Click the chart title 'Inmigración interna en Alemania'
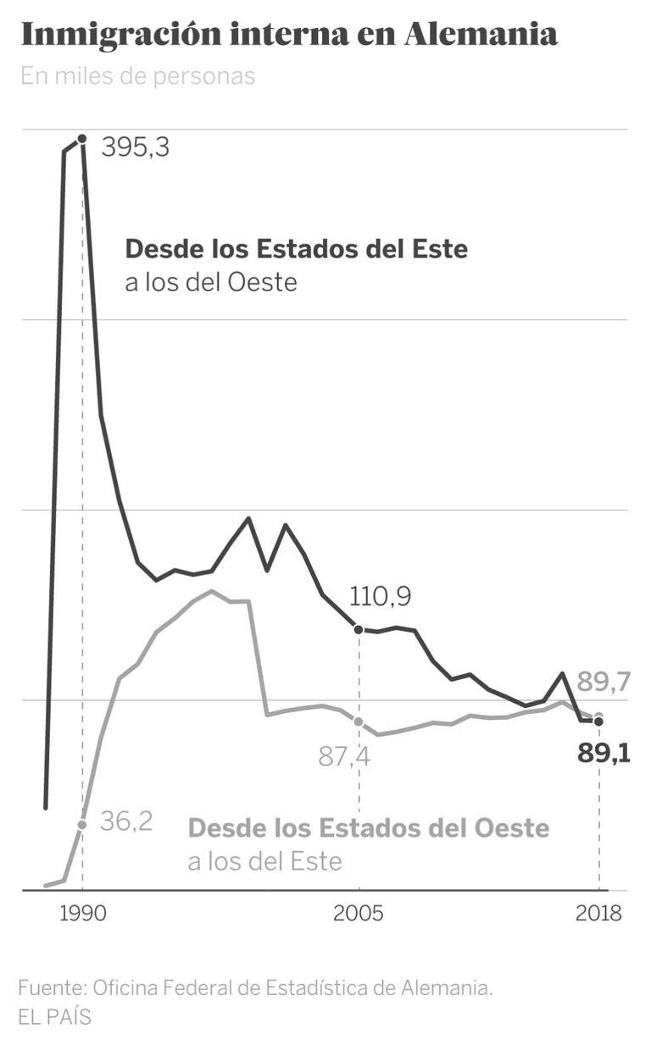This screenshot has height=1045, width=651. click(x=288, y=35)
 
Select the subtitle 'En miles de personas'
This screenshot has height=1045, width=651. click(x=137, y=76)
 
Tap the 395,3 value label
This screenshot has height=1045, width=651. click(x=136, y=147)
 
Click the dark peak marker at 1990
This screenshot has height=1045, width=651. click(x=82, y=138)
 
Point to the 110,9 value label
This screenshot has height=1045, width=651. click(x=380, y=597)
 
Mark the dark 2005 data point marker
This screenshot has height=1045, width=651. click(x=359, y=629)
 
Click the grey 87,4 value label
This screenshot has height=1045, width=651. click(x=344, y=756)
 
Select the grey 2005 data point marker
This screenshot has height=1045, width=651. click(x=359, y=722)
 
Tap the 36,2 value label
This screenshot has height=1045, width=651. click(x=126, y=821)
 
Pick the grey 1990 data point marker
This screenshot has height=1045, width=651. click(x=82, y=824)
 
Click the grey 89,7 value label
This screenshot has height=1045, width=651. click(x=603, y=682)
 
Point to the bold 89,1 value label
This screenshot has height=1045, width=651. click(x=604, y=753)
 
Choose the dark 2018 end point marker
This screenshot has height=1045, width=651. click(x=598, y=722)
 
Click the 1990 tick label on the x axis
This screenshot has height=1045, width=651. click(x=82, y=915)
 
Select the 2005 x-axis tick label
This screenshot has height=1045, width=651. click(x=359, y=915)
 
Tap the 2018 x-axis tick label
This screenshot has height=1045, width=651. click(x=598, y=915)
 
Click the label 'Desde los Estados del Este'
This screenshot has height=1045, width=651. click(x=296, y=249)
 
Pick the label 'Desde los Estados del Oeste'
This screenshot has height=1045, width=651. click(x=369, y=827)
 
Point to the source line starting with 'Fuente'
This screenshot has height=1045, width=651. click(x=255, y=987)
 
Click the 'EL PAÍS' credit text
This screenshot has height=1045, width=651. click(x=54, y=1016)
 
